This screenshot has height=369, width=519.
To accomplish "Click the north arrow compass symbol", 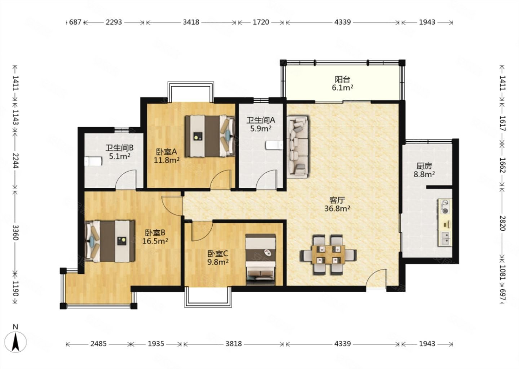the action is (x=16, y=342).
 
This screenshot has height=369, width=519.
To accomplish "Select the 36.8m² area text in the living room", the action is (x=337, y=209).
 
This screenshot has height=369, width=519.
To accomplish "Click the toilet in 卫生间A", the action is (x=274, y=145).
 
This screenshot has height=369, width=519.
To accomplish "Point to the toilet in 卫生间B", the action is (x=93, y=161).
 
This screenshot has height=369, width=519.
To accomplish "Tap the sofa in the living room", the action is (x=298, y=147).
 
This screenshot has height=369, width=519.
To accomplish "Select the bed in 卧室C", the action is (x=261, y=259).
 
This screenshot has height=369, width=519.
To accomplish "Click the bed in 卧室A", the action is (x=210, y=136).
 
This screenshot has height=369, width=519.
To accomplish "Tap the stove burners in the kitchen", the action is (x=444, y=206).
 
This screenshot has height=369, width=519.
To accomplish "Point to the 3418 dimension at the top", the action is (x=191, y=22).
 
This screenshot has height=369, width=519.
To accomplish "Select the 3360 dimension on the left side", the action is (x=15, y=232).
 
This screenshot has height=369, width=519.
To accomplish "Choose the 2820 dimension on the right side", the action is (x=502, y=223).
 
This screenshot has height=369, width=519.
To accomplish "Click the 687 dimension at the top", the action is (x=75, y=22).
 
